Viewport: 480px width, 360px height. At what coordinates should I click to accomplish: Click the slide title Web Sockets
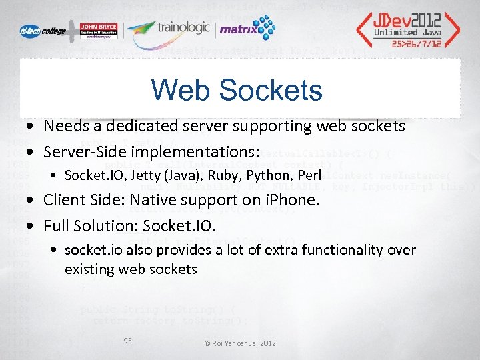(x=237, y=90)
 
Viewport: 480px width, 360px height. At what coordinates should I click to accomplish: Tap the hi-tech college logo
(x=42, y=31)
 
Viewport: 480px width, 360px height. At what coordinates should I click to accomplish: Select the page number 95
(x=128, y=341)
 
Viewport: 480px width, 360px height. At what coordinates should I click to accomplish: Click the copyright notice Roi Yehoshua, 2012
(x=239, y=343)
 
